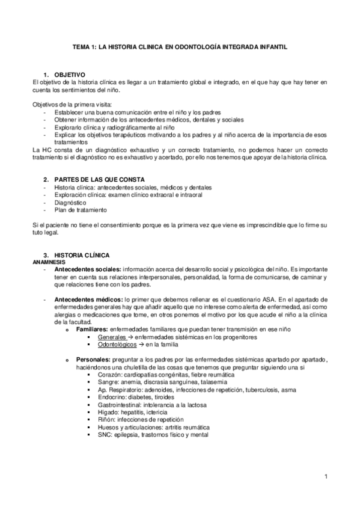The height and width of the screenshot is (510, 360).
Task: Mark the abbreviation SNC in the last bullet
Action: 104,434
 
